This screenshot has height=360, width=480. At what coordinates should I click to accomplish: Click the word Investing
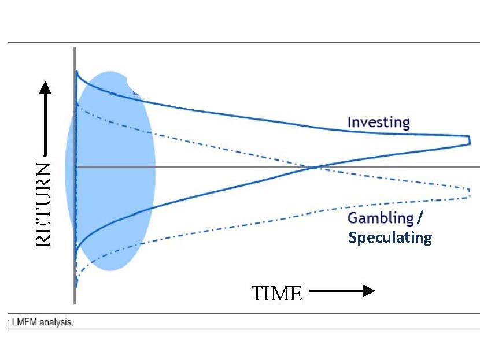379,123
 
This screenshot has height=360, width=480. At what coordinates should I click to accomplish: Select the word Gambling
381,218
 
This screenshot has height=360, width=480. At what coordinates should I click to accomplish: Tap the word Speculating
390,238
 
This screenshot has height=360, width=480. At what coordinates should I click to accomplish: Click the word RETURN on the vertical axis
43,205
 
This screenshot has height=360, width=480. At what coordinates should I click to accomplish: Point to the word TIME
277,294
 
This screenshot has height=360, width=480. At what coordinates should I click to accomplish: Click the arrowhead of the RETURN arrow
45,88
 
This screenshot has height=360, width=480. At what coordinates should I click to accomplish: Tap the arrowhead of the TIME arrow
369,291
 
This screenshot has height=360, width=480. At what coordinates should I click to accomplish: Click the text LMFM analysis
43,322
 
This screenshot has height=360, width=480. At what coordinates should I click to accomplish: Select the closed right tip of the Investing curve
470,140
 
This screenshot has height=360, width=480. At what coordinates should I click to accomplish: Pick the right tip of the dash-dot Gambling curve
470,192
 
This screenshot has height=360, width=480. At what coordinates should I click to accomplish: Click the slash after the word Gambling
420,218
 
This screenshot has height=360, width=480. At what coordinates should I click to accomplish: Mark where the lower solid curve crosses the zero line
315,167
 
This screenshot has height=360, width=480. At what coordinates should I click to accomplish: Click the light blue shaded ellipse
110,171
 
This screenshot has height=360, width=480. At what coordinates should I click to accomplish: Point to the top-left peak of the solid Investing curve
77,71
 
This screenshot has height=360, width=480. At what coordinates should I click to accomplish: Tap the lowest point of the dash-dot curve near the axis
76,287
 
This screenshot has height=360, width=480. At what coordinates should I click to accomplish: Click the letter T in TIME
257,294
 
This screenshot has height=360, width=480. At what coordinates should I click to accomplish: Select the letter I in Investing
349,122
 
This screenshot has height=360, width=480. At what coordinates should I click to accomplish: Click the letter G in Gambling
353,218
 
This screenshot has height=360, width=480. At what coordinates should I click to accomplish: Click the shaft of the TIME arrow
336,291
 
